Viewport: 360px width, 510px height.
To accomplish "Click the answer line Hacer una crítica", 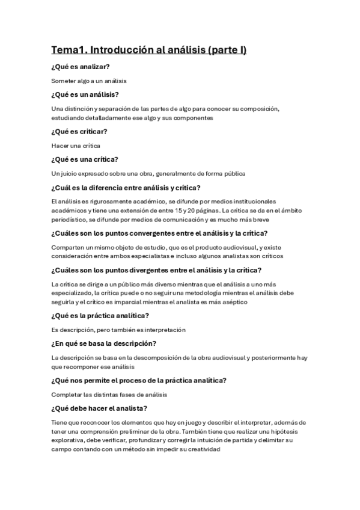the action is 76,146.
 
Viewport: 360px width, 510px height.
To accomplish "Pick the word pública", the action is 231,174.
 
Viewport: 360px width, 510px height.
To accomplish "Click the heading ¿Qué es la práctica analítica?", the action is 100,316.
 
